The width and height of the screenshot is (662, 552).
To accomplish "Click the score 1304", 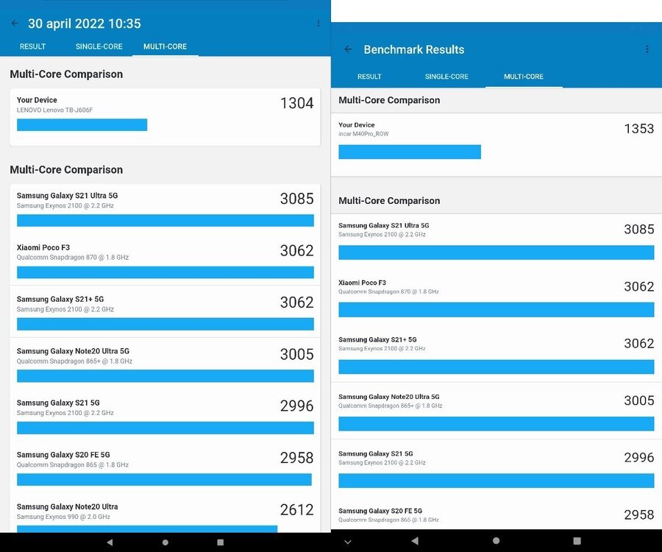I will (x=296, y=103).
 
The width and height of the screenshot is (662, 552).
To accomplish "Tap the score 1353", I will (x=638, y=129).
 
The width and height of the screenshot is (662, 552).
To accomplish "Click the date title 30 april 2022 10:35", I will (x=85, y=24).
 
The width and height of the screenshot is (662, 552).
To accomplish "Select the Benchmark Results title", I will (x=414, y=49).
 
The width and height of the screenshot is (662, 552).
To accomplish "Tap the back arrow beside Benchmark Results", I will (x=349, y=49).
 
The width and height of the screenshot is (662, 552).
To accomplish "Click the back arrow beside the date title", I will (x=15, y=24).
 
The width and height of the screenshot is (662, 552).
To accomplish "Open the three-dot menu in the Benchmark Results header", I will (x=647, y=49).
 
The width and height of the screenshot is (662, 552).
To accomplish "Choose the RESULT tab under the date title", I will (x=32, y=46).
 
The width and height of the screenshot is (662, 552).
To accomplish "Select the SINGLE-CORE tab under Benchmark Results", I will (x=446, y=77).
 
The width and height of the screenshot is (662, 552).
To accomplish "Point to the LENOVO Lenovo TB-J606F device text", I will (x=55, y=110).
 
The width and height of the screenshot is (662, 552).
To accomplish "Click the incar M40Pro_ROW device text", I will (x=363, y=135).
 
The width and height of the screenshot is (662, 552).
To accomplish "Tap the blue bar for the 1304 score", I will (x=82, y=125).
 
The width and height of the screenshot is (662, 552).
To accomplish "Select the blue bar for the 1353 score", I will (x=409, y=152).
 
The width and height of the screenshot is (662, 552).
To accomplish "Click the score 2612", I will (x=296, y=509).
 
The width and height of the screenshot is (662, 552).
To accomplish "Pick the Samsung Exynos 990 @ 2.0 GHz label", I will (x=63, y=517).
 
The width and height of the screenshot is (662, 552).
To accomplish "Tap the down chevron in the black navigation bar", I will (x=348, y=542).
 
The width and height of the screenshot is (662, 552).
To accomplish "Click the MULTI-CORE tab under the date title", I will (x=165, y=46).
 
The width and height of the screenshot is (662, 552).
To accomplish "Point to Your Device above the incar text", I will (x=357, y=125).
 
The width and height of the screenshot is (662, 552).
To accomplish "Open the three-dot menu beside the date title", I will (x=318, y=24).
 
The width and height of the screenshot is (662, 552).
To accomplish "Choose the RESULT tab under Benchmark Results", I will (x=369, y=77).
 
